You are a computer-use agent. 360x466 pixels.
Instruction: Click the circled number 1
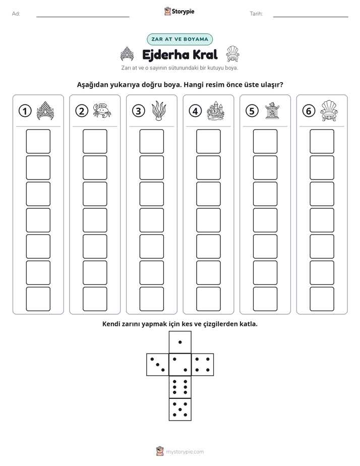click(x=25, y=111)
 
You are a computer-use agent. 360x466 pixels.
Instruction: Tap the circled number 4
click(x=195, y=111)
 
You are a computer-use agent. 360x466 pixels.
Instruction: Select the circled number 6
click(x=309, y=111)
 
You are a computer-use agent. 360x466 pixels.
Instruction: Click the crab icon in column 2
click(x=102, y=110)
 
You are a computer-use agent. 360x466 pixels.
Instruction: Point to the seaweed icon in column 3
click(x=159, y=111)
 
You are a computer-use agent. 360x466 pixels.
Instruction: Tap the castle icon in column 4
click(x=215, y=110)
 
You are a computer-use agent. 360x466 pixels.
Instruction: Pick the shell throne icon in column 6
click(x=329, y=110)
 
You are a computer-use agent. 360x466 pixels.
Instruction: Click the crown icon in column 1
click(x=45, y=110)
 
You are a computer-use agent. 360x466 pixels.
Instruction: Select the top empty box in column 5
click(x=265, y=141)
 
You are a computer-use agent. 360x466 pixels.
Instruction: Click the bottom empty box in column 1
click(x=38, y=299)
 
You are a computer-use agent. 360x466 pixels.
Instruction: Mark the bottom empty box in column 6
click(x=322, y=299)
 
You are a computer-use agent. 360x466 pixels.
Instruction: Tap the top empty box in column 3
click(x=151, y=141)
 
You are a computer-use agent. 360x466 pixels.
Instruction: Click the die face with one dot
click(x=180, y=342)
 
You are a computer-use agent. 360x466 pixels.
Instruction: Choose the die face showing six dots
click(x=180, y=387)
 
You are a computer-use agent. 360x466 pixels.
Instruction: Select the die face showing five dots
click(x=180, y=409)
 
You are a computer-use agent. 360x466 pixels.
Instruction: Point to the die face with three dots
click(x=158, y=364)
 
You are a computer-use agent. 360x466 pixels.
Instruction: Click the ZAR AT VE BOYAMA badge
click(x=179, y=39)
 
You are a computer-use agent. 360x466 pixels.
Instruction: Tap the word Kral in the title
click(x=205, y=54)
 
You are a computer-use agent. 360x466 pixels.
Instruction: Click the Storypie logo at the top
click(x=179, y=11)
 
